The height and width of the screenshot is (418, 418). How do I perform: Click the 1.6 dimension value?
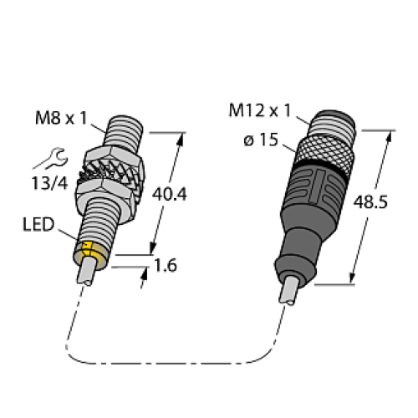pyautogui.click(x=166, y=267)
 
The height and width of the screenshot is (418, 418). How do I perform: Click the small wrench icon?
pyautogui.click(x=53, y=156)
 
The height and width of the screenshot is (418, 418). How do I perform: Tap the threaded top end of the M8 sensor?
pyautogui.click(x=122, y=133)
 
